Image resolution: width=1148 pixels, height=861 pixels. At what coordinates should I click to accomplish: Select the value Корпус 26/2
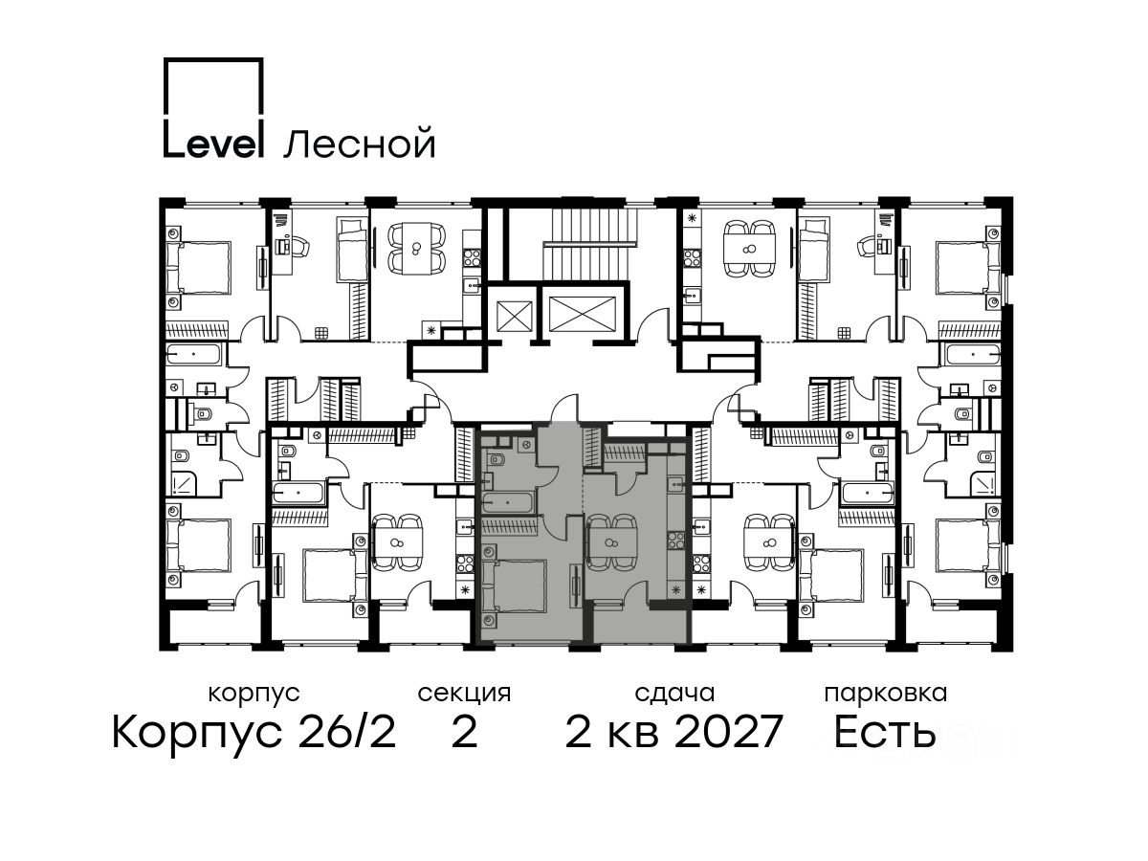coord(254,732)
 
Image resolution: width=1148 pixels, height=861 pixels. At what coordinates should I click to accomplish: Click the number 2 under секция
coord(464,732)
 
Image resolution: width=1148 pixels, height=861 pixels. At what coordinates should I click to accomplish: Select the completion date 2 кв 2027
coord(673,732)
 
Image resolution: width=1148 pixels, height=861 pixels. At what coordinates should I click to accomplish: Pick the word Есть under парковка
coord(885,732)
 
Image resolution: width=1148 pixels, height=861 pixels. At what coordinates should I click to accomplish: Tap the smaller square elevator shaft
coord(514,314)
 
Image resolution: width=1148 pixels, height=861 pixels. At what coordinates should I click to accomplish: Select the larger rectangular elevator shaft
coord(582,314)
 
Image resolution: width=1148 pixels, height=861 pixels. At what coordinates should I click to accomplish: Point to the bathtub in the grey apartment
coord(507,503)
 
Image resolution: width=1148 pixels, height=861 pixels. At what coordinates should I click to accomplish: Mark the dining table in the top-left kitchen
coord(417,247)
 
